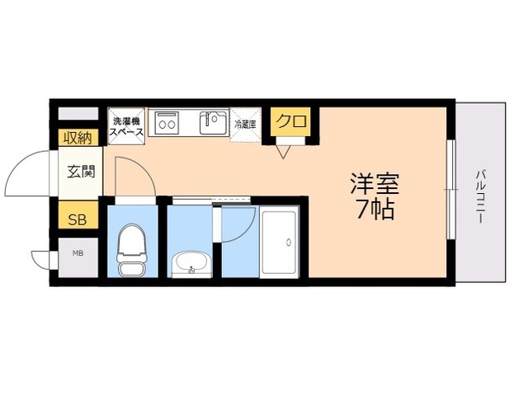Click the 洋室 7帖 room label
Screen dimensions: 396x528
point(375,196)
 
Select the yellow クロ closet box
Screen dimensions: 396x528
point(290,122)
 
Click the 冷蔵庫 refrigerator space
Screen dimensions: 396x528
point(245,125)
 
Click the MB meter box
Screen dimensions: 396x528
point(77,253)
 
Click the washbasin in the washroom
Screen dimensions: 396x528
point(192,265)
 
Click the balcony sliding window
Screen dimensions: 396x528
point(451,191)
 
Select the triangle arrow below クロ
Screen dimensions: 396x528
point(285,151)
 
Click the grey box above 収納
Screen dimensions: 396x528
point(78,114)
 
